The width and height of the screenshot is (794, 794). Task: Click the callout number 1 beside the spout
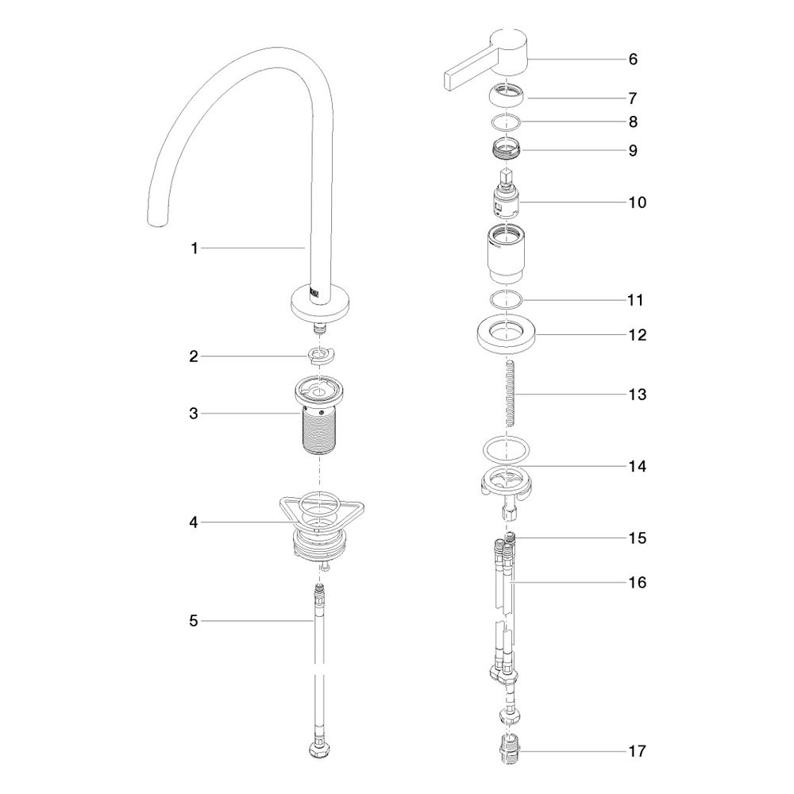(x=194, y=249)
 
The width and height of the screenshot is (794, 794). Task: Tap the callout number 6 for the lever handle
(x=633, y=60)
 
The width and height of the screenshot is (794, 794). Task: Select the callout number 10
(x=638, y=202)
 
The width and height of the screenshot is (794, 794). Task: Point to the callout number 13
(x=638, y=395)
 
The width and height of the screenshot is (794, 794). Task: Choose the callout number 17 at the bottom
(x=638, y=751)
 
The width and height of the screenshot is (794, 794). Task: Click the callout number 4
(x=194, y=522)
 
